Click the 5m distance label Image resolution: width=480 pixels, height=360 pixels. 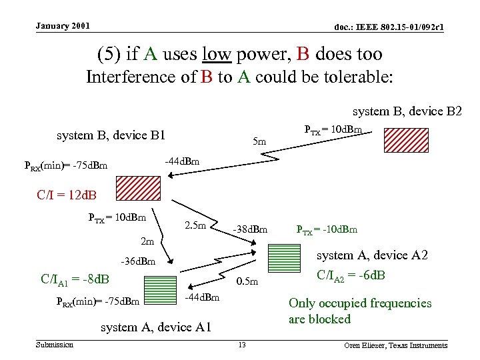(260, 141)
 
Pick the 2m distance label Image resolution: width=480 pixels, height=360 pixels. (147, 241)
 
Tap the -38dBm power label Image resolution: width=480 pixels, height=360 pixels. (250, 230)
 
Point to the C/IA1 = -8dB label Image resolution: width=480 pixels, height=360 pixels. (75, 279)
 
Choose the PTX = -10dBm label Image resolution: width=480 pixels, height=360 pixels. (327, 230)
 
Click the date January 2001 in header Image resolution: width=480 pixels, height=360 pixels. (63, 26)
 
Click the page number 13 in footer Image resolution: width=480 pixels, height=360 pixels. (242, 345)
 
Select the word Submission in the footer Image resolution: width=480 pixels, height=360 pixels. (55, 344)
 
